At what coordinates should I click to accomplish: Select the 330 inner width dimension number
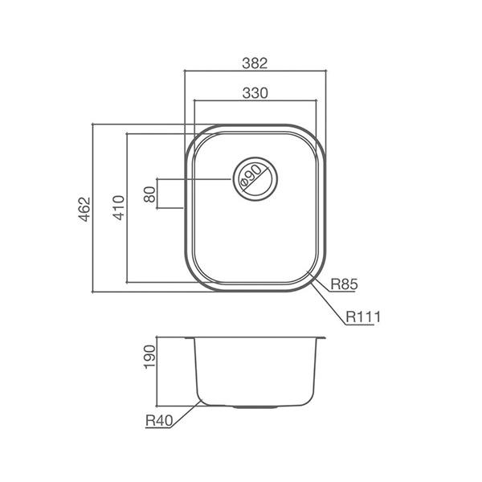click(x=255, y=93)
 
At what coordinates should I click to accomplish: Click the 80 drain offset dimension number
click(x=149, y=194)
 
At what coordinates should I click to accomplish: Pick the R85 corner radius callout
click(x=343, y=284)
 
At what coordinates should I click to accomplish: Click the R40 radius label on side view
click(x=160, y=418)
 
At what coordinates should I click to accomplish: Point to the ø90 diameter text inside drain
click(x=251, y=176)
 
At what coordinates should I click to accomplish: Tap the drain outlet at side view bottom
click(x=255, y=406)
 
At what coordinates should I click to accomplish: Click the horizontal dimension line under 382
click(x=255, y=71)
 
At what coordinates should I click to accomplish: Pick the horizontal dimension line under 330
click(x=255, y=101)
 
